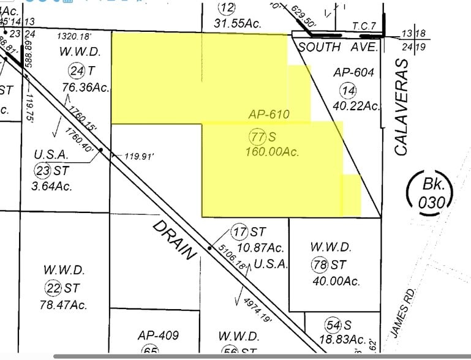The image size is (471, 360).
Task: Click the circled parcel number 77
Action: click(x=257, y=135)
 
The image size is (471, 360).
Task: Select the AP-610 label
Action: click(x=268, y=114)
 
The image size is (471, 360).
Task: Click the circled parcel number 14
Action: click(x=349, y=91)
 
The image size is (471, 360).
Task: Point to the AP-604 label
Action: click(x=353, y=72)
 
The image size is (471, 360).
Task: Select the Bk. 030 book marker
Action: click(x=431, y=192)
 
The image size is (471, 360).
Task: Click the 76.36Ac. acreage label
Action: click(x=86, y=88)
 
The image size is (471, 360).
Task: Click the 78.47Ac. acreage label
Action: click(x=65, y=304)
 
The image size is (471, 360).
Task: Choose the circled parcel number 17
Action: click(x=239, y=232)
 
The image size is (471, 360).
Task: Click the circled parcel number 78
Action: click(x=319, y=265)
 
